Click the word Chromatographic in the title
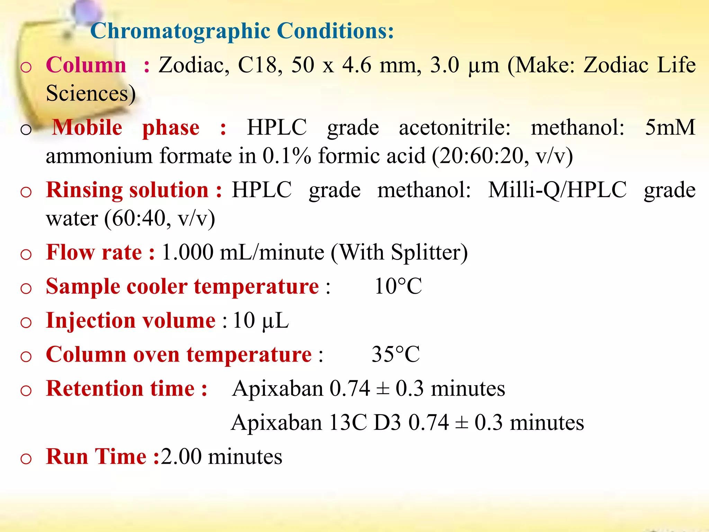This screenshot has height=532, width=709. [x=180, y=31]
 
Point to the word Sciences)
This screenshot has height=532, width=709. [x=91, y=94]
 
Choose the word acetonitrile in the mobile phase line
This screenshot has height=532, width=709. [x=454, y=127]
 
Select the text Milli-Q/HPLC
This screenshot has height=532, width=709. [x=557, y=190]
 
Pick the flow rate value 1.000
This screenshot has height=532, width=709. [x=187, y=252]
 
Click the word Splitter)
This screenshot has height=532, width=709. [x=429, y=253]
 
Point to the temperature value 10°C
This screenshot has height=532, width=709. [x=398, y=286]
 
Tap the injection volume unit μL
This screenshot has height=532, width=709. [x=275, y=321]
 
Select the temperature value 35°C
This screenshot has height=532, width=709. [x=395, y=354]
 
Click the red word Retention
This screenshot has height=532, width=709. [x=94, y=389]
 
